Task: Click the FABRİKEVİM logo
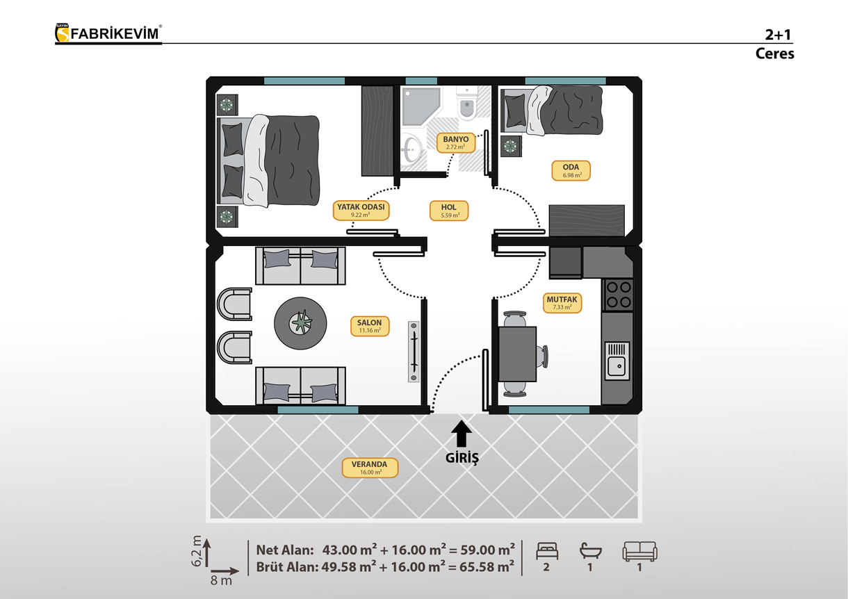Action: click(x=108, y=33)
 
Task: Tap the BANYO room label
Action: click(x=455, y=142)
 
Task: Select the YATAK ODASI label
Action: click(x=361, y=211)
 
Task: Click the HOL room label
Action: click(x=449, y=211)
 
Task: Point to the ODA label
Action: click(x=571, y=171)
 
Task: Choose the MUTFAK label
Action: click(x=562, y=303)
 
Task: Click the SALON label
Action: click(x=370, y=326)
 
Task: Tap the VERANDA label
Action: click(x=370, y=468)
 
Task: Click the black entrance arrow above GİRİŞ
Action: click(x=461, y=434)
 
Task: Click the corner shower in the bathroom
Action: click(x=421, y=106)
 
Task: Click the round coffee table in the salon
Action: click(x=300, y=322)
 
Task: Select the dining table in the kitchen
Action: click(x=518, y=354)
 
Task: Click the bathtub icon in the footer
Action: click(x=590, y=551)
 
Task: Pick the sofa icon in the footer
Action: click(x=639, y=551)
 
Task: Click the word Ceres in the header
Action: click(x=774, y=54)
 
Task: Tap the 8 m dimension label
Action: click(x=221, y=580)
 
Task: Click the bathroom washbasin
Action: click(x=411, y=149)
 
